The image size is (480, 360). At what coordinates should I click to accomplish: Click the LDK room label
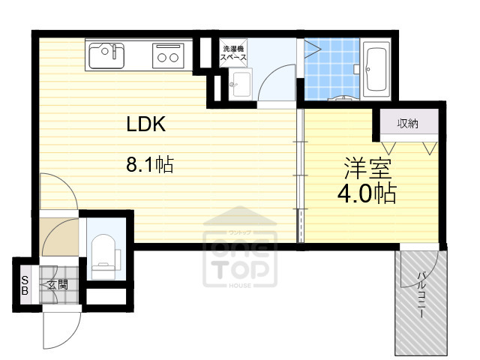[x=146, y=124]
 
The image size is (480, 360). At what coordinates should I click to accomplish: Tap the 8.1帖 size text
[x=150, y=164]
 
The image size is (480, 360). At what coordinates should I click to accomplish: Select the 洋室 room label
[x=368, y=168]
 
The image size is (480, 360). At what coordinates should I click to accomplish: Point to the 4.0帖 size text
[x=367, y=193]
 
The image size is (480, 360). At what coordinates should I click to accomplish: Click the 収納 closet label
[x=408, y=123]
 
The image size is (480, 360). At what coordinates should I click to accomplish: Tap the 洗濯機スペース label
[x=233, y=53]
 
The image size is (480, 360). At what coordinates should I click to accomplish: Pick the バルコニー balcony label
[x=421, y=295]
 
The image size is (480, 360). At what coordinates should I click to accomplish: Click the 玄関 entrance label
[x=58, y=285]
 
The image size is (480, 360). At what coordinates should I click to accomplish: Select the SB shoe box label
[x=25, y=285]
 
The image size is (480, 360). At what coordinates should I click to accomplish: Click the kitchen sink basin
[x=106, y=55]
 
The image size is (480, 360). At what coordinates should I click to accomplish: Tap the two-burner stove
[x=168, y=55]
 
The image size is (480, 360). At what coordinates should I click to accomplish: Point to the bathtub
[x=376, y=70]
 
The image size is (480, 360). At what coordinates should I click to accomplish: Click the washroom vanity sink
[x=241, y=83]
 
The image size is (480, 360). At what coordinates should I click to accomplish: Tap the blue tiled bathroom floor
[x=331, y=69]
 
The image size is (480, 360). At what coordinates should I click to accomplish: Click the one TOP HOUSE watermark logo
[x=240, y=247]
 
